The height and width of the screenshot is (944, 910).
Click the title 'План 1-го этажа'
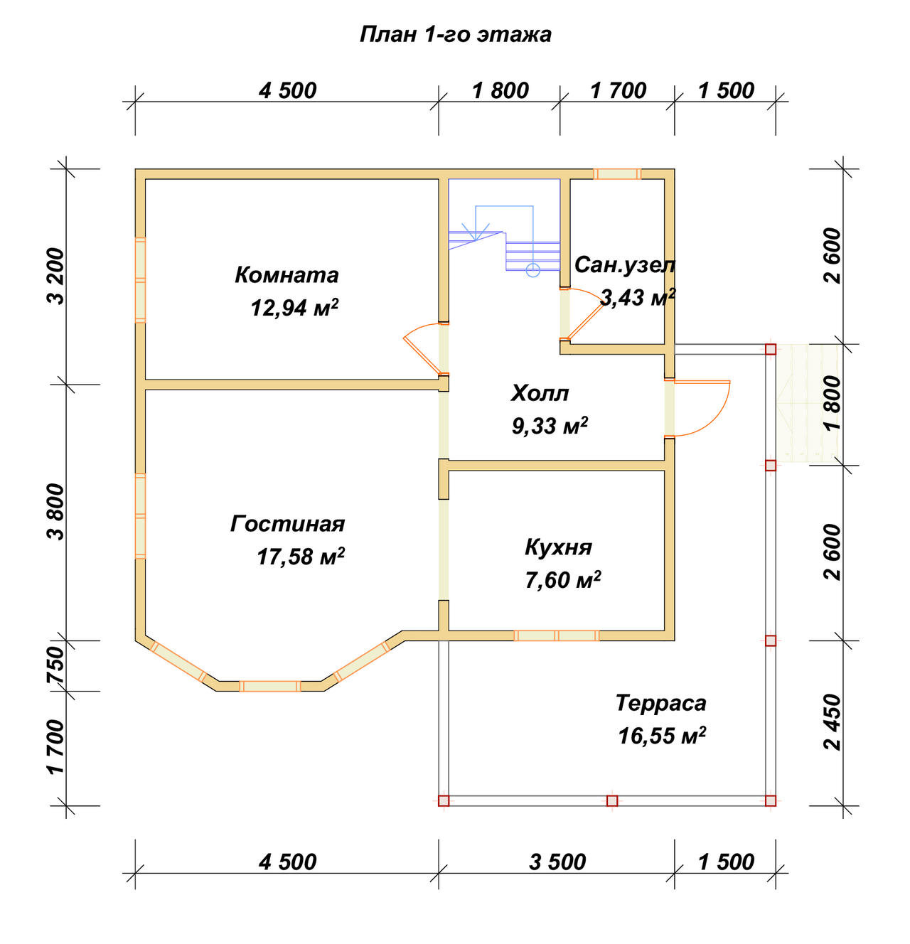pyautogui.click(x=456, y=35)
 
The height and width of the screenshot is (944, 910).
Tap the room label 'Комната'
pyautogui.click(x=287, y=275)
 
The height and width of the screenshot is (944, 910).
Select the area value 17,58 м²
pyautogui.click(x=301, y=556)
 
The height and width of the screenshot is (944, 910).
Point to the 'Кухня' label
pyautogui.click(x=558, y=548)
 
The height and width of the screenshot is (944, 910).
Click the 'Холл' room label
pyautogui.click(x=540, y=393)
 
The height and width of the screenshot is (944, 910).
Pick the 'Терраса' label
pyautogui.click(x=660, y=703)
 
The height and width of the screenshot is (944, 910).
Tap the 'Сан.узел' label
pyautogui.click(x=625, y=266)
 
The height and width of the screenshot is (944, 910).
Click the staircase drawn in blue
pyautogui.click(x=505, y=237)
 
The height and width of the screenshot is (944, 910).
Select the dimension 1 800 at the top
pyautogui.click(x=500, y=91)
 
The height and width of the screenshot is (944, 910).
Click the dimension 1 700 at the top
pyautogui.click(x=618, y=91)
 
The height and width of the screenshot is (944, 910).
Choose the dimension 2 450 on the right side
pyautogui.click(x=833, y=722)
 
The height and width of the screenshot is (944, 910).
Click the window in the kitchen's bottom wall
pyautogui.click(x=557, y=635)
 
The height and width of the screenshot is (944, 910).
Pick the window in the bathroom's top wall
pyautogui.click(x=617, y=174)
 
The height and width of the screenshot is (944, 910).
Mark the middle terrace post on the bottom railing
pyautogui.click(x=612, y=801)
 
